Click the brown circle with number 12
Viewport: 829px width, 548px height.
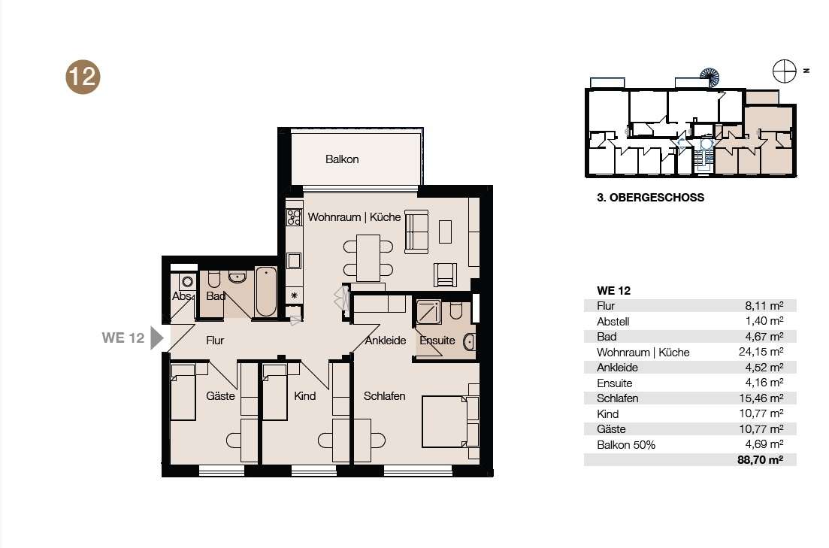coord(83,77)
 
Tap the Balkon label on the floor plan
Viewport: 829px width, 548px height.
coord(342,159)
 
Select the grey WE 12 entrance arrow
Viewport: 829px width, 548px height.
coord(157,338)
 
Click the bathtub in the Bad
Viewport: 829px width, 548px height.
coord(266,292)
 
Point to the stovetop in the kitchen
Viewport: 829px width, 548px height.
coord(294,217)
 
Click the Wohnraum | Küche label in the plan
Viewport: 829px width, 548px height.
coord(354,217)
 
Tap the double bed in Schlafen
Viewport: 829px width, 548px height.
coord(450,421)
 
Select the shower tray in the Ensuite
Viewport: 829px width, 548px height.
coord(428,312)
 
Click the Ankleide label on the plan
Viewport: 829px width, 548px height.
coord(386,341)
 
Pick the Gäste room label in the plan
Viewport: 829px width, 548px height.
coord(220,395)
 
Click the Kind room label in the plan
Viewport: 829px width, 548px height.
coord(304,395)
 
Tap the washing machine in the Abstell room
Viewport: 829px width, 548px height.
coord(188,281)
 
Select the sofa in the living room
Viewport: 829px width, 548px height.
coord(416,232)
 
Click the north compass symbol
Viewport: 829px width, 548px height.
coord(784,71)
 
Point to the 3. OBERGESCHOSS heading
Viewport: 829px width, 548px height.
coord(650,198)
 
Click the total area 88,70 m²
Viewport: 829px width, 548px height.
coord(761,459)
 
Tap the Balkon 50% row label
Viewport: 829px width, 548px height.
coord(626,445)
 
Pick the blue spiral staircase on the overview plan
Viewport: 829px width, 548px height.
coord(709,77)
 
